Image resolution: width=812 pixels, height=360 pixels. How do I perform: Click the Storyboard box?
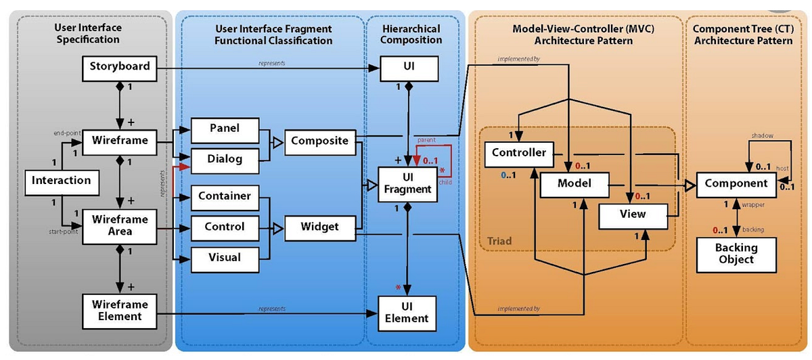pos(119,67)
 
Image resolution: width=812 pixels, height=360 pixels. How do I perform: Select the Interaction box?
pos(61,181)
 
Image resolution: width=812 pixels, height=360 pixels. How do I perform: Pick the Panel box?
pos(224,128)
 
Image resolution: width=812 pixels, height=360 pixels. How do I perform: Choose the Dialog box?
pos(224,160)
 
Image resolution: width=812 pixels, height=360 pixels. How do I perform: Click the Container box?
pos(224,196)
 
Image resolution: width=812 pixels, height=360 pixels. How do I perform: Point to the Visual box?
pos(224,258)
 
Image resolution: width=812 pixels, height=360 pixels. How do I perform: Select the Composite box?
pos(319,141)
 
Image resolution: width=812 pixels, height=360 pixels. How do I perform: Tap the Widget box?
pos(319,227)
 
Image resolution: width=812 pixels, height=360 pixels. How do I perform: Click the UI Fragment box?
pos(407,184)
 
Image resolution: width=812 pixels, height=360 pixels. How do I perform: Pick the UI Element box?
pos(407,312)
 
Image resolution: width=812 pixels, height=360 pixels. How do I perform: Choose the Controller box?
pos(519,153)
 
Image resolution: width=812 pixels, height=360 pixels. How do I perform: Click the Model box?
pos(574,183)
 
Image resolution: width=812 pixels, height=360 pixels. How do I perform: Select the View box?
pos(632,215)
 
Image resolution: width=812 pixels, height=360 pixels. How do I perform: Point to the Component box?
pos(736,183)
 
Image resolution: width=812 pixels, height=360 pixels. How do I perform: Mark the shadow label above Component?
pos(762,135)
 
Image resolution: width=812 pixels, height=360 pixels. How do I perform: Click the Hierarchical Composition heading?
pos(410,35)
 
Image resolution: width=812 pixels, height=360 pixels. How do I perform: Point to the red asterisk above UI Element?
pos(399,288)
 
